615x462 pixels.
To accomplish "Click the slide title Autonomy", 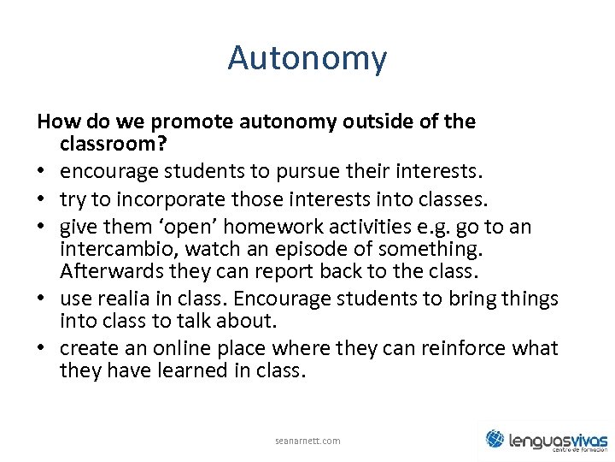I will click(x=307, y=59).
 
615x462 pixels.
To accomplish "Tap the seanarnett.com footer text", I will click(x=307, y=441).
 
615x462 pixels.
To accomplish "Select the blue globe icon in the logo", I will click(x=495, y=439).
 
